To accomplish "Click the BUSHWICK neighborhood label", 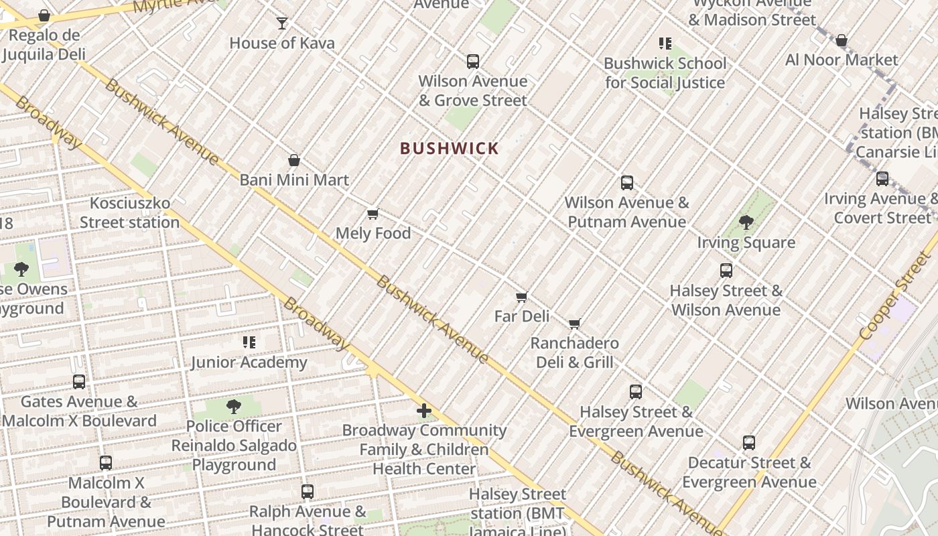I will coord(450,149).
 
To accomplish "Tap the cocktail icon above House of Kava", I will coord(282,23).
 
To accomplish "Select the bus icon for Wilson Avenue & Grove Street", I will coord(473,62).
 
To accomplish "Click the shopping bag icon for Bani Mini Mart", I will coord(293,160).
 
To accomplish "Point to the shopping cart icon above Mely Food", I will coord(373,214).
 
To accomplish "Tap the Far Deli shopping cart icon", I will coord(522,297).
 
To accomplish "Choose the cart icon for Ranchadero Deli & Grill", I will coord(574,324).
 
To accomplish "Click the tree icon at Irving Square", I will coord(746,222).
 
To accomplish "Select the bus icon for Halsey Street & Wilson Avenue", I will coord(726,271).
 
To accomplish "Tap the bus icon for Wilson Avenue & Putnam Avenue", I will coord(627,183).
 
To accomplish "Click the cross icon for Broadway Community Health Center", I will coord(424,411).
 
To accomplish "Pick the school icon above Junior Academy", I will coord(249,343).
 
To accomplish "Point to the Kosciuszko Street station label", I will coord(130,212).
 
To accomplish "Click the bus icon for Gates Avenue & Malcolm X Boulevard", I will coord(79,382).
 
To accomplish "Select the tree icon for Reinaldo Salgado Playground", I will coord(234,407).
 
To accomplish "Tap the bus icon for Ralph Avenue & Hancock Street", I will coord(308,492).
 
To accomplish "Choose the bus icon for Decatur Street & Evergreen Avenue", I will coord(749,443).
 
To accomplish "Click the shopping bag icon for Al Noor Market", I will coord(842,41).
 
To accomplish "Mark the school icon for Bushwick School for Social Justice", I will coord(665,44).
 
